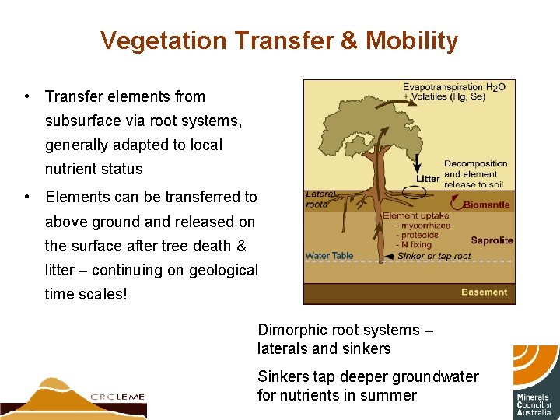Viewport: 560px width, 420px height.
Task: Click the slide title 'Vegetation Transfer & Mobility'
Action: point(279,40)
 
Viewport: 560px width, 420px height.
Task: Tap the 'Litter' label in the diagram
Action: point(428,179)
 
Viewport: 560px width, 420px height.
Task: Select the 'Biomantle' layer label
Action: point(488,205)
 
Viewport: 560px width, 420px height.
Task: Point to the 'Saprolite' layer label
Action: point(492,240)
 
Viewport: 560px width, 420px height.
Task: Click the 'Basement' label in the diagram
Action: point(484,292)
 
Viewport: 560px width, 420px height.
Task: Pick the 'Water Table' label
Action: point(329,256)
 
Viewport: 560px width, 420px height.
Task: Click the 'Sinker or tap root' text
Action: point(434,256)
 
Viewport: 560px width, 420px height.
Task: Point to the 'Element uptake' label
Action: point(415,215)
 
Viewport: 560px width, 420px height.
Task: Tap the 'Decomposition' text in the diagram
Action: point(475,164)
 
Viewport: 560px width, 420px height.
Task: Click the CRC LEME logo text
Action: point(117,396)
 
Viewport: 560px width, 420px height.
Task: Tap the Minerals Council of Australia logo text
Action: point(534,404)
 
